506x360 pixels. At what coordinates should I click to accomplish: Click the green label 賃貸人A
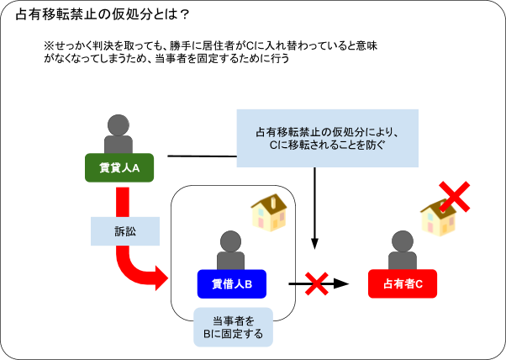click(x=119, y=168)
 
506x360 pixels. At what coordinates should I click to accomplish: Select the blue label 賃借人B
click(x=231, y=284)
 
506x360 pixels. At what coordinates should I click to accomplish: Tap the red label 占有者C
click(x=403, y=284)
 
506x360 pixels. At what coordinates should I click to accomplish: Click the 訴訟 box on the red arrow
click(x=124, y=231)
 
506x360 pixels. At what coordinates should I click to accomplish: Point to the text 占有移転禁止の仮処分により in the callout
click(x=326, y=132)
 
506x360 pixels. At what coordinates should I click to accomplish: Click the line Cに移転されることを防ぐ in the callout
click(x=326, y=146)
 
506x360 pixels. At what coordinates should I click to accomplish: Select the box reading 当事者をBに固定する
click(x=233, y=327)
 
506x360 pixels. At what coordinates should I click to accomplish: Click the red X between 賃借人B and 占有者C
click(x=316, y=283)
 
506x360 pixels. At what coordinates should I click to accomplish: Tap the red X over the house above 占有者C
click(x=454, y=196)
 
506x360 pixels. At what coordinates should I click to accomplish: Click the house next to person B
click(x=267, y=211)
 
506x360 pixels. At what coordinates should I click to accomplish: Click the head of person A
click(x=119, y=125)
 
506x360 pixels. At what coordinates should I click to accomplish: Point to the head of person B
click(x=230, y=241)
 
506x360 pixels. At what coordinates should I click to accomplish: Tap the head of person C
click(x=403, y=241)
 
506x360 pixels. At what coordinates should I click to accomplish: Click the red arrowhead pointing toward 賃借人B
click(x=161, y=278)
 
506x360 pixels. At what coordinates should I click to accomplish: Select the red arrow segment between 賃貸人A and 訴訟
click(x=123, y=202)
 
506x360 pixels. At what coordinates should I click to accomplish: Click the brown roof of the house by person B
click(x=267, y=203)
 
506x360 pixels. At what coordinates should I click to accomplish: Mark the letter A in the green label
click(x=135, y=168)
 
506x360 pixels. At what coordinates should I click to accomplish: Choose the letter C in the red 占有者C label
click(x=419, y=284)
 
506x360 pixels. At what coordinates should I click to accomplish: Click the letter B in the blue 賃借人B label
click(x=248, y=284)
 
